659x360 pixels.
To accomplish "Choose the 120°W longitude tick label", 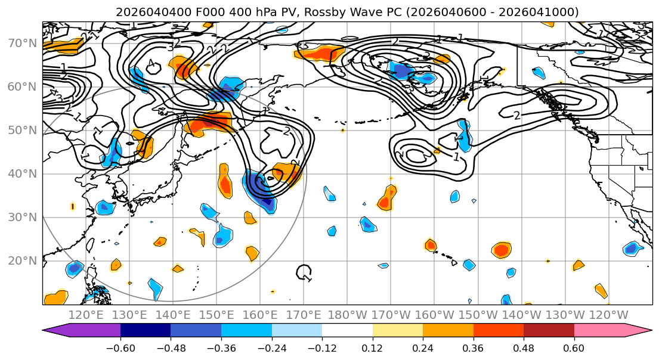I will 608,315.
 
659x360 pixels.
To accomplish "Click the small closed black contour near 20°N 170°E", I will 304,272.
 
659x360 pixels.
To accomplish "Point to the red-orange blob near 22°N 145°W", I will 502,250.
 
